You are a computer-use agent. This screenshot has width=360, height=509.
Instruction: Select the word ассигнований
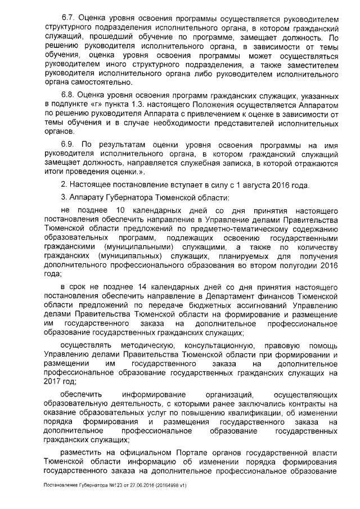pos(247,305)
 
